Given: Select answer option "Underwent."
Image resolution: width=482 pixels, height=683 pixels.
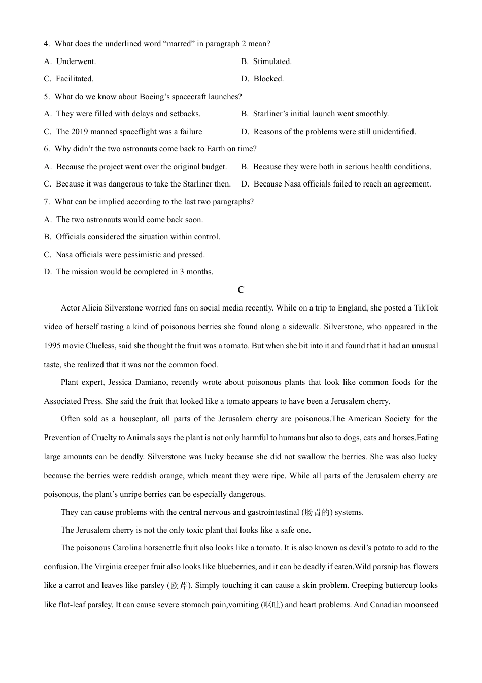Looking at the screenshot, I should tap(76, 61).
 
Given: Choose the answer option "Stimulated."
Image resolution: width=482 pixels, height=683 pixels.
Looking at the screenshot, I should tap(272, 61).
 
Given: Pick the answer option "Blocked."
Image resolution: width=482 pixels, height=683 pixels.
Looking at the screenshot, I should tap(268, 79).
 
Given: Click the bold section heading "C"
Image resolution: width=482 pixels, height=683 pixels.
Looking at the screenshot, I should tap(241, 290).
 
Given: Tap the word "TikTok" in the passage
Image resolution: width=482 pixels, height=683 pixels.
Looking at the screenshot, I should tap(426, 308).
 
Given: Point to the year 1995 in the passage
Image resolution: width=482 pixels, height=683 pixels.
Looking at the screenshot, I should tap(53, 346).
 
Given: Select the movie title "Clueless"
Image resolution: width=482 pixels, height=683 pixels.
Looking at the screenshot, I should tap(100, 346).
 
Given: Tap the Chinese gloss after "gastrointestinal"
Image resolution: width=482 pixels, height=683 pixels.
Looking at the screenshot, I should tap(319, 512).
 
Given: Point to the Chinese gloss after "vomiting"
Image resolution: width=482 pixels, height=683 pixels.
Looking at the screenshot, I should tap(272, 605).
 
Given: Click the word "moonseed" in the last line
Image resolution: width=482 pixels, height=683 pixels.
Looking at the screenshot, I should tap(421, 605).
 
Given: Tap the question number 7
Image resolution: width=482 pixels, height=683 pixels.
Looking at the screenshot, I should tap(46, 202).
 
